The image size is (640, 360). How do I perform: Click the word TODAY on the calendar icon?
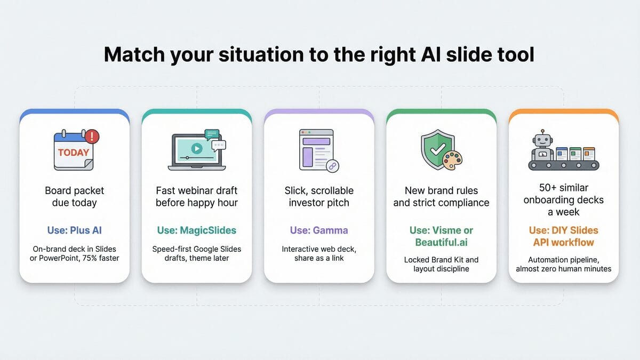74,153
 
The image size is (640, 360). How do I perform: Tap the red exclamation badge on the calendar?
92,137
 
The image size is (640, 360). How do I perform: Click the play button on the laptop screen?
197,148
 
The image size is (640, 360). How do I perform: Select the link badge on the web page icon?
332,166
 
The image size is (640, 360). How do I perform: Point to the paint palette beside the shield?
452,161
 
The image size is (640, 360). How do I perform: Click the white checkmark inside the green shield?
438,149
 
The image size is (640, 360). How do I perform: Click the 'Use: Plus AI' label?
74,230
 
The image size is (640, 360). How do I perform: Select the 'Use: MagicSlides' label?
197,230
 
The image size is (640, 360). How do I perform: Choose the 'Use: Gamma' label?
319,230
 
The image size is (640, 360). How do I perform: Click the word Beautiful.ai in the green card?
441,242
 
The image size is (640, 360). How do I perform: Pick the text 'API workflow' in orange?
563,242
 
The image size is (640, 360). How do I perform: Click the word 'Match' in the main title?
134,54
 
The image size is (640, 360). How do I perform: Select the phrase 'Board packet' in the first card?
74,190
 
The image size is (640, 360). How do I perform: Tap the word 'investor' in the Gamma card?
306,203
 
